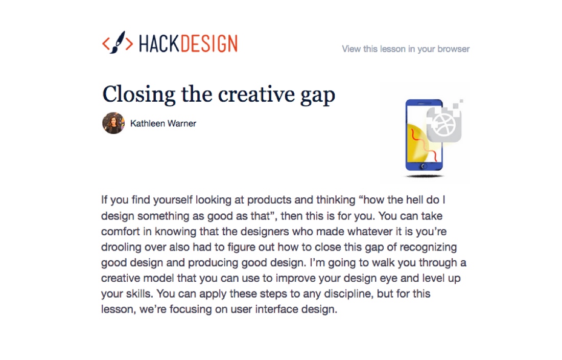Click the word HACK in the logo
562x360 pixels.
tap(159, 44)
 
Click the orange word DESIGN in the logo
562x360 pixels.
tap(208, 44)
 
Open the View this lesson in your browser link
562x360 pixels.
tap(405, 49)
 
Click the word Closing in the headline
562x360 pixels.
tap(138, 95)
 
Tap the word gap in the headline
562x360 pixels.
tap(318, 96)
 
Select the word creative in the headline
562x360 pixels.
tap(256, 94)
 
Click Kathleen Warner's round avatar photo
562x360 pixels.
tap(113, 123)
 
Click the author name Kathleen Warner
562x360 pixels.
tap(163, 123)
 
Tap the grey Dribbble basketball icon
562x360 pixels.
tap(443, 124)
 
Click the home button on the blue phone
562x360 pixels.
tap(424, 166)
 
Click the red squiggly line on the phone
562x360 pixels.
tap(424, 143)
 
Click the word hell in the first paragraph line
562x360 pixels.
tap(414, 200)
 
